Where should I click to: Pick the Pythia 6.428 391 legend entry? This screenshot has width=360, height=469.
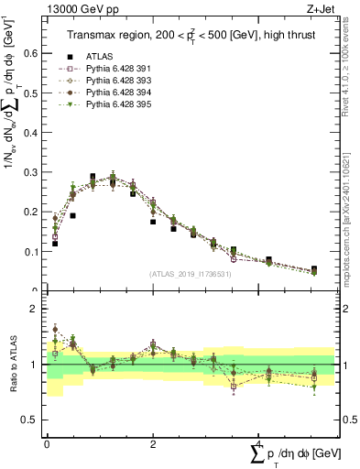[121, 69]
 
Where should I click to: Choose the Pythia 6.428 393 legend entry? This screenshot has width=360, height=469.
[121, 81]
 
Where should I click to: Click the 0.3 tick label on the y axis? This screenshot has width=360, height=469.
[34, 172]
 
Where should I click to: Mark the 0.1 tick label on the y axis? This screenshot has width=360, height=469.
[34, 251]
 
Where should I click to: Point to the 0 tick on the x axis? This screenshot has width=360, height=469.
[47, 444]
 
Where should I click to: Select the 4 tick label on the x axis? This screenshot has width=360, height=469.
[259, 444]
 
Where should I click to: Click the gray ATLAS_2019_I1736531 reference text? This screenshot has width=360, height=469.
[190, 274]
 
